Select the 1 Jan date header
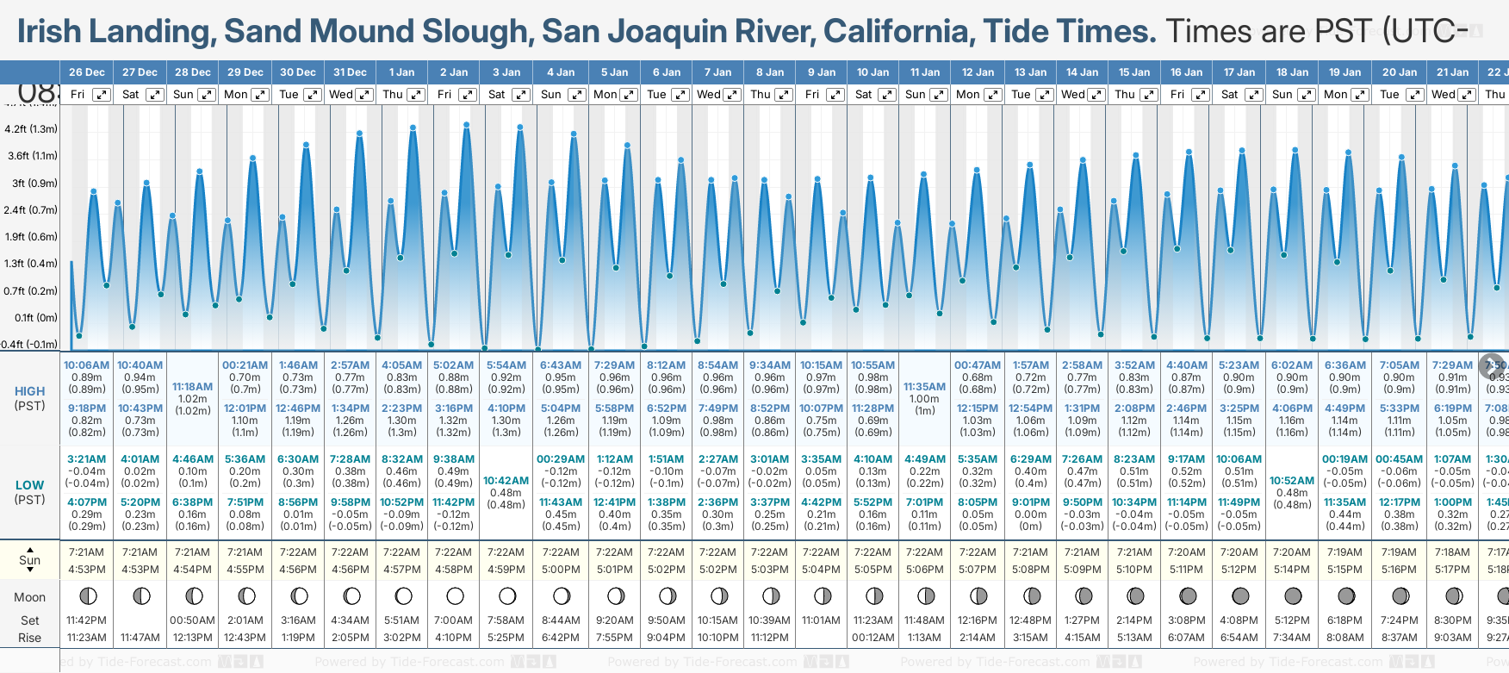tap(401, 72)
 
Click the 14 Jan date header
tap(1082, 72)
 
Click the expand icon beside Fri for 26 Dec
tap(102, 95)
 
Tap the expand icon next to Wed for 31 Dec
tap(364, 95)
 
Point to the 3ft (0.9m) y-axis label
tap(30, 183)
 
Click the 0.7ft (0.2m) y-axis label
tap(30, 290)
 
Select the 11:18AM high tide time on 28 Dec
tap(192, 387)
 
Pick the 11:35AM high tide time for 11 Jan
tap(925, 387)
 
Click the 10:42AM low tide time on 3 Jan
tap(506, 481)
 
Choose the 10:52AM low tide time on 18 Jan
tap(1292, 481)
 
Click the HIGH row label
tap(29, 391)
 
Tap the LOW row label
tap(29, 485)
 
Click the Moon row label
tap(29, 597)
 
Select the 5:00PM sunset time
tap(561, 570)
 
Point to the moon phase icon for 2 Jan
tap(455, 595)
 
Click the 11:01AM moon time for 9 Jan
tap(821, 620)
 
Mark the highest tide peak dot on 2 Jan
tap(467, 125)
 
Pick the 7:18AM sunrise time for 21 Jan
tap(1452, 552)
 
